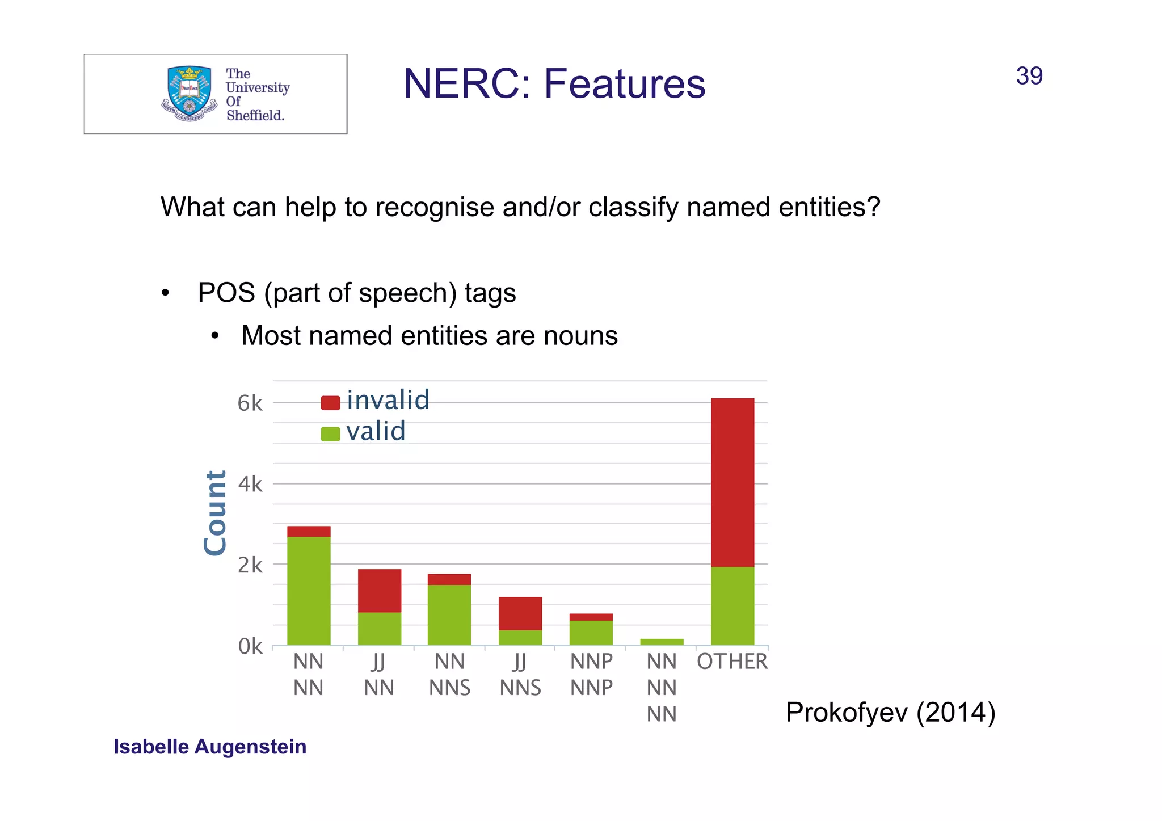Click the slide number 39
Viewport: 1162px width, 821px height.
pos(1029,76)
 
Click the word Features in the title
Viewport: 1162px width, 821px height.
pos(624,84)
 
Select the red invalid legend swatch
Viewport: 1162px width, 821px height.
pos(330,402)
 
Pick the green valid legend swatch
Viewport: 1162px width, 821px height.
pos(330,433)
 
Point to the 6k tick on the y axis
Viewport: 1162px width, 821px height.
pos(250,403)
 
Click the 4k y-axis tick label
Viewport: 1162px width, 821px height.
pos(250,484)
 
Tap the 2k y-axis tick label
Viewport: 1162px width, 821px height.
pos(250,565)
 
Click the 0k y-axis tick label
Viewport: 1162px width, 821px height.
pos(250,646)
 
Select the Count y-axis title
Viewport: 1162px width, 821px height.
pos(216,513)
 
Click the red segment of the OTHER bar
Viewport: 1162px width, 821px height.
pos(732,482)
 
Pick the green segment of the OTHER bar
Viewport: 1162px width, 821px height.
pos(732,605)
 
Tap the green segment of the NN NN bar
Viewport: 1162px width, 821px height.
pos(309,590)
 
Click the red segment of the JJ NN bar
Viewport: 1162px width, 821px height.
pos(379,590)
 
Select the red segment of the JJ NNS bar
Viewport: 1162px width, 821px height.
pos(520,613)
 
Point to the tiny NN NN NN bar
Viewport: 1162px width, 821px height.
pos(662,642)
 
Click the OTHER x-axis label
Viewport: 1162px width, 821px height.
pos(732,662)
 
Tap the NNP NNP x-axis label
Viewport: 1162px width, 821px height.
pos(591,675)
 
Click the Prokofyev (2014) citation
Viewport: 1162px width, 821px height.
pos(890,712)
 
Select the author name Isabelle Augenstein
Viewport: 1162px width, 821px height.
pos(210,747)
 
